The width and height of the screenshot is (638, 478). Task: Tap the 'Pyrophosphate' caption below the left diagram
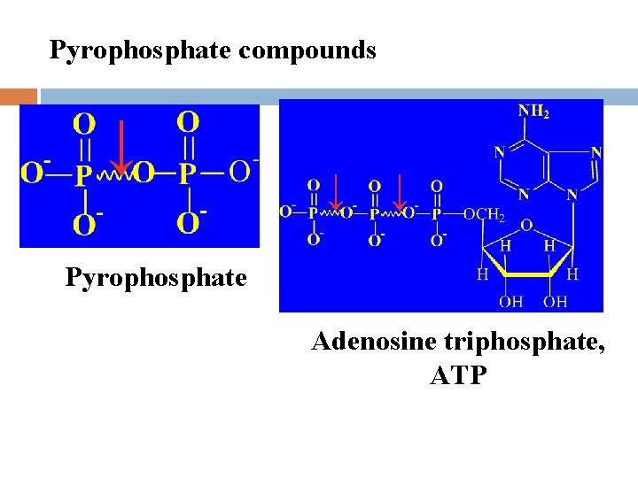156,278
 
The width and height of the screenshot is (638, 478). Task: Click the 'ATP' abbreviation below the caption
457,375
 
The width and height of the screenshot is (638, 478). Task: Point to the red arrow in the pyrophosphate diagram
119,145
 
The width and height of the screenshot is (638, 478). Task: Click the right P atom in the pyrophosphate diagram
186,173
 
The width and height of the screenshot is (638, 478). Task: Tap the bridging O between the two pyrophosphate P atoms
145,173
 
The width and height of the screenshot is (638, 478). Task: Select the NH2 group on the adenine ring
533,113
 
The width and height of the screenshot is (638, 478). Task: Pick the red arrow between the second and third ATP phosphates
400,195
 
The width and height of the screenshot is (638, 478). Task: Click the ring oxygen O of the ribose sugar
526,226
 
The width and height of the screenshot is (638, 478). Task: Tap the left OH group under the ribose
511,302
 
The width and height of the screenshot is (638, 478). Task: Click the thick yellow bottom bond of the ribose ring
528,275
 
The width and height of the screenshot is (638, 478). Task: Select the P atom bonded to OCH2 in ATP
437,214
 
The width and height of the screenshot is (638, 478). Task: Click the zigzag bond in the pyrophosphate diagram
113,173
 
